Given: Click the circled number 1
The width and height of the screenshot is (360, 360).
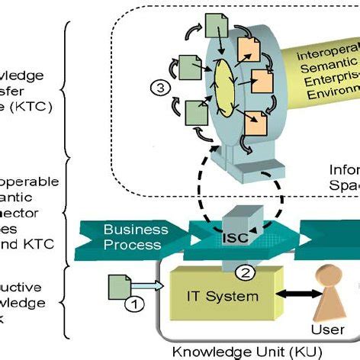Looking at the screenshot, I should tap(133, 304).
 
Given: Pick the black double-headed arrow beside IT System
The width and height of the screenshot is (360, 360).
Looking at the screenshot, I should tap(293, 295).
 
